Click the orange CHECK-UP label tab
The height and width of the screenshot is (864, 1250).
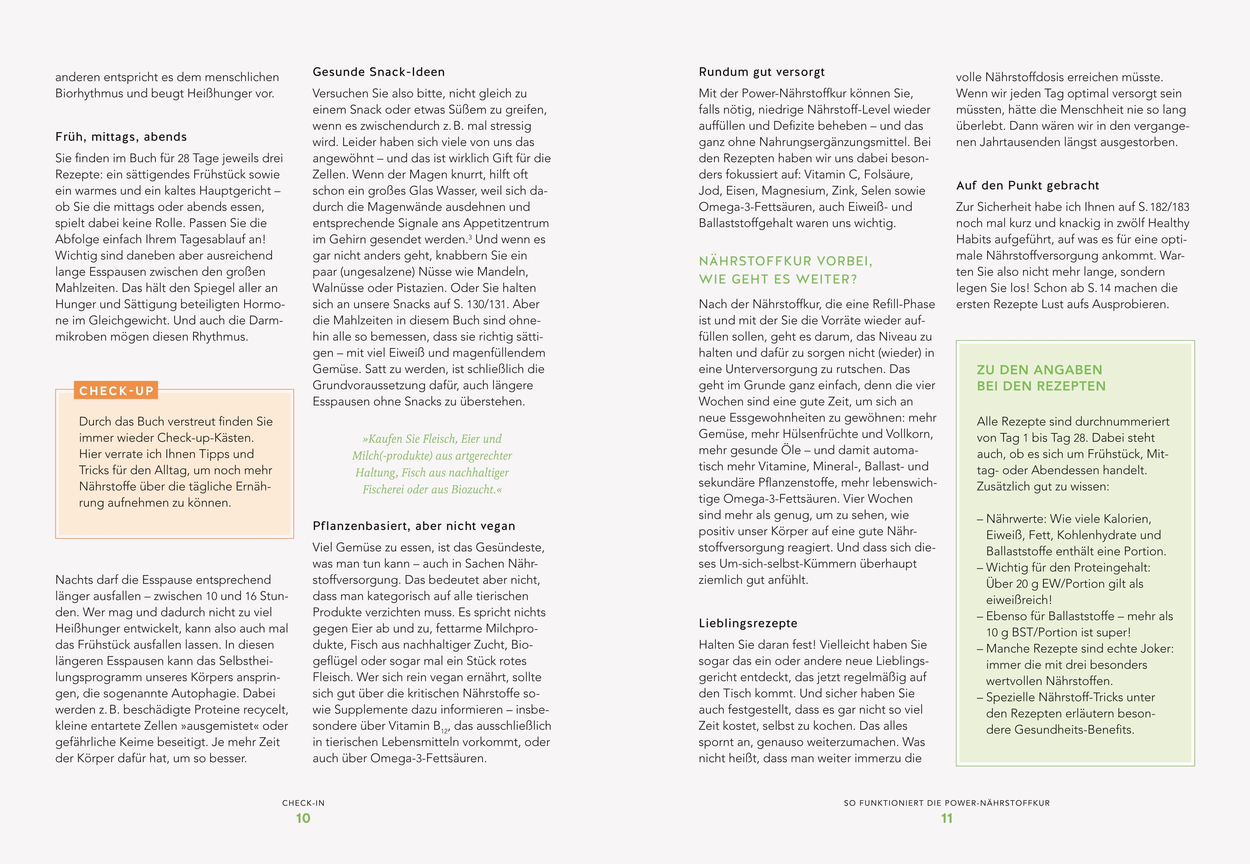coord(116,390)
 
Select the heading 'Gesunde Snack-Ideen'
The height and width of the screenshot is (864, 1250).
coord(378,72)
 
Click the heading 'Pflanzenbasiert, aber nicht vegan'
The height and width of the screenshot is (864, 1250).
coord(413,526)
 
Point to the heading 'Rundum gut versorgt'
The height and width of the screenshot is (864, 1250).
coord(761,72)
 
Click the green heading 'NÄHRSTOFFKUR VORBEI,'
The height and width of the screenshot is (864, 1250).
coord(785,262)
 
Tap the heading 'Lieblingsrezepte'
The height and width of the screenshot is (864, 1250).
coord(748,623)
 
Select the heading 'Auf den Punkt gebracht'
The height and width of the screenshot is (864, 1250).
coord(1027,186)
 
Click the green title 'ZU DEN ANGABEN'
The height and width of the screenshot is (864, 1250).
coord(1039,370)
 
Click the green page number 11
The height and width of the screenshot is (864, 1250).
coord(946,818)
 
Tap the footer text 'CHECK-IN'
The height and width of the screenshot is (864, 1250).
coord(303,803)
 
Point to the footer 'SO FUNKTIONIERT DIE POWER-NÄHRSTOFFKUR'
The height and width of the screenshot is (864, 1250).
coord(946,803)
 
